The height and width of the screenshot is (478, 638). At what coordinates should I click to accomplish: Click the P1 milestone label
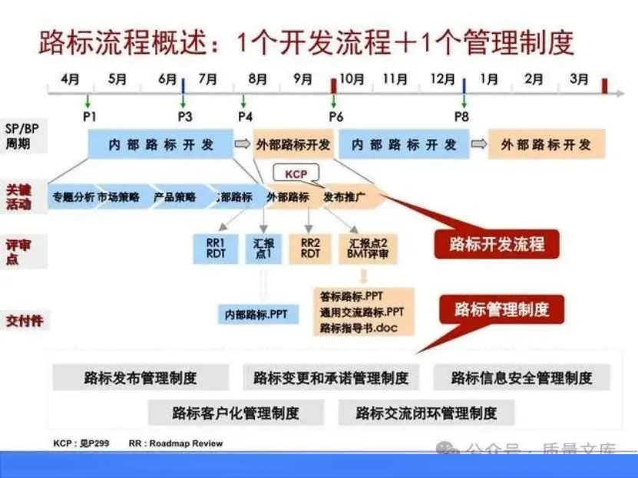(x=88, y=117)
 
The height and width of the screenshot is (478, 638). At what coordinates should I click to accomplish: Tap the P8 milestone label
(x=461, y=117)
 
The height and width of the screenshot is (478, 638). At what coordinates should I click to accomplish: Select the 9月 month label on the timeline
(x=302, y=79)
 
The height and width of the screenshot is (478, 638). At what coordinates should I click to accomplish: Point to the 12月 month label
(x=442, y=79)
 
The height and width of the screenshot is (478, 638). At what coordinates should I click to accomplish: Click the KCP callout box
(x=296, y=174)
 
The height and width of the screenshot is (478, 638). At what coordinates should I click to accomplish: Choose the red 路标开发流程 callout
(x=497, y=245)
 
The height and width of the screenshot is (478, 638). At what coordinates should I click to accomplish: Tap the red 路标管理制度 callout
(x=501, y=309)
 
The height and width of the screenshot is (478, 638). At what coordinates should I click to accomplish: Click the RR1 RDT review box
(x=216, y=249)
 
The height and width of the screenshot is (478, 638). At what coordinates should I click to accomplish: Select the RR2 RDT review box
(x=310, y=249)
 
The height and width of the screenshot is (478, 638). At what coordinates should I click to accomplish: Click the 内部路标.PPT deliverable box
(x=256, y=314)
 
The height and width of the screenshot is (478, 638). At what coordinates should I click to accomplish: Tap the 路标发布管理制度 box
(x=140, y=377)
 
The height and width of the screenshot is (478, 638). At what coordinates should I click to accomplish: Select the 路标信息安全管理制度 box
(x=521, y=377)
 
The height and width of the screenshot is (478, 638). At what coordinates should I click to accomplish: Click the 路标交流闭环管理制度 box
(x=426, y=413)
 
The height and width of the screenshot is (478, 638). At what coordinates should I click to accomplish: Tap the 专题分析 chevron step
(x=73, y=197)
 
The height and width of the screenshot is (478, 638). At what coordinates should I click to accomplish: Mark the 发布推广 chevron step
(x=344, y=197)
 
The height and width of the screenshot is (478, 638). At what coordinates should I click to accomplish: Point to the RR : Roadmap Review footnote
(x=176, y=443)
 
